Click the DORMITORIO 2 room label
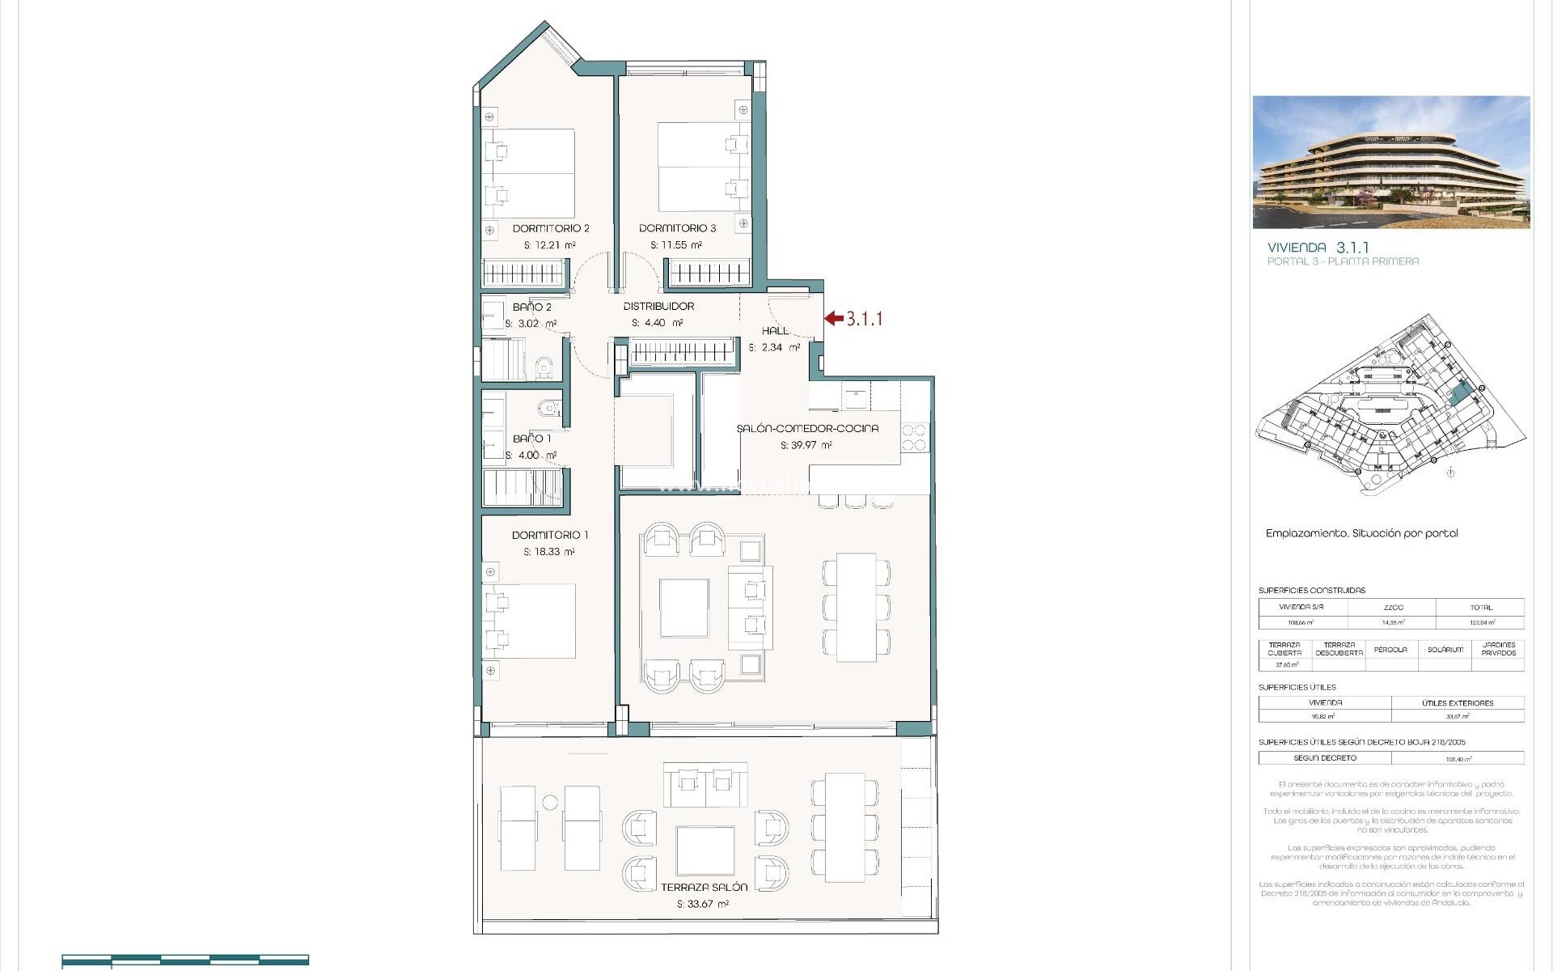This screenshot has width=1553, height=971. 551,228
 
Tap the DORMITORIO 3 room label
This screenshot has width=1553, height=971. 677,228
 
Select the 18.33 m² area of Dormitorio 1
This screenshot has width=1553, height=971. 548,552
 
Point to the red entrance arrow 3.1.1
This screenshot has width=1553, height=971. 834,319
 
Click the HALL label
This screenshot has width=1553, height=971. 775,330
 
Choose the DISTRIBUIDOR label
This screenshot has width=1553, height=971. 658,306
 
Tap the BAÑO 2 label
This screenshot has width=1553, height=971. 531,307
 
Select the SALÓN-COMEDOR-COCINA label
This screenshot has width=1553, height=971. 806,428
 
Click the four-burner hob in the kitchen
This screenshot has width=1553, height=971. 914,438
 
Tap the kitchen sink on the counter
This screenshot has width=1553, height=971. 856,396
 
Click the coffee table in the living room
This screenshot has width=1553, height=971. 684,608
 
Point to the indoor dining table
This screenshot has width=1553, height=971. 857,607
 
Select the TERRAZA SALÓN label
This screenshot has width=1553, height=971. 704,887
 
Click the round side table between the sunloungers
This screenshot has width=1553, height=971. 550,803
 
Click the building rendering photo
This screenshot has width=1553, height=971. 1390,162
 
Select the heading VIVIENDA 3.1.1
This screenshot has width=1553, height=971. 1318,248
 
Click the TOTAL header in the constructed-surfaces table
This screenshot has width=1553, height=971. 1481,607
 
